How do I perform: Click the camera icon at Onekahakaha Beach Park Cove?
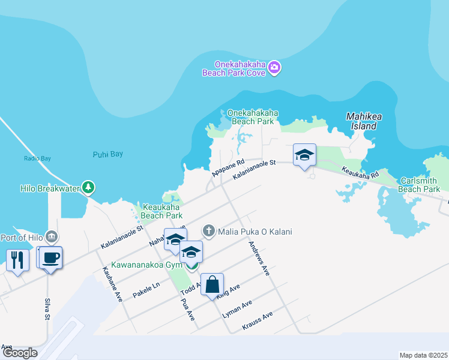tap(274, 67)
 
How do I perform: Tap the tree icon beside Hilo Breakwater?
tap(88, 188)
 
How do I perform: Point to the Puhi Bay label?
tap(108, 154)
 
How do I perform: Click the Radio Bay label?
tap(37, 158)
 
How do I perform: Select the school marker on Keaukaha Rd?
tap(304, 155)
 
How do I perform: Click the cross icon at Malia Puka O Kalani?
tap(209, 230)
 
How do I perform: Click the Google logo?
tap(20, 353)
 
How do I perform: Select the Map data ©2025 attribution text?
tap(423, 355)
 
